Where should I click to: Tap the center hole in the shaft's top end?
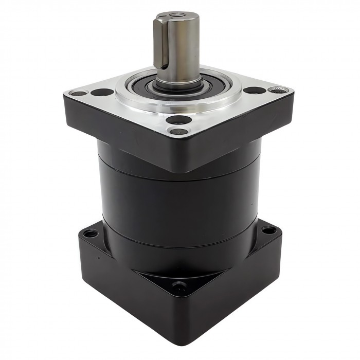(x=177, y=16)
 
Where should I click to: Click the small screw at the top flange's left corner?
(x=78, y=94)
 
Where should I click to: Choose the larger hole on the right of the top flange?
(x=251, y=91)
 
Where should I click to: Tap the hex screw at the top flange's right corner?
(x=278, y=91)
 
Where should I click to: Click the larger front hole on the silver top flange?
(x=179, y=120)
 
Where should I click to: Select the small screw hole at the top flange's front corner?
(x=179, y=132)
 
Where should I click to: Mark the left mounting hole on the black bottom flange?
(x=91, y=233)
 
